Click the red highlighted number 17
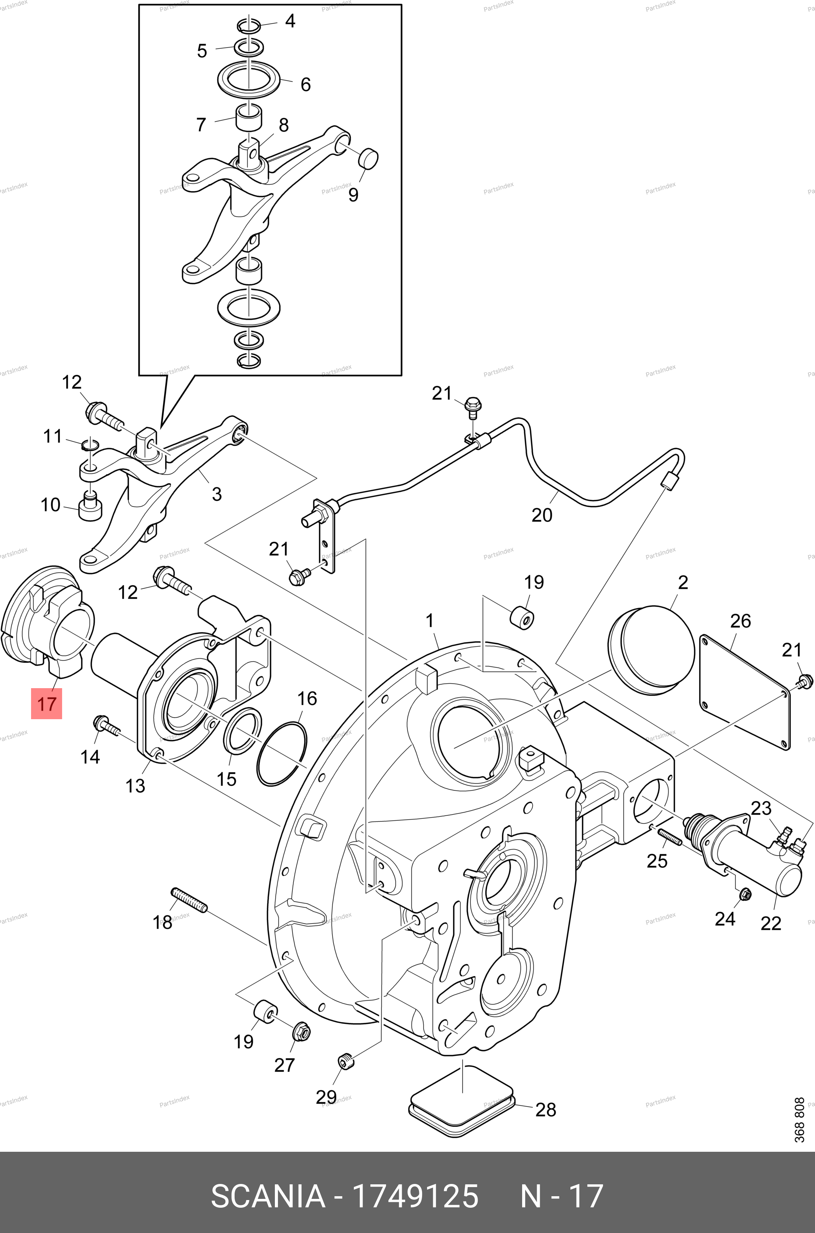[x=46, y=704]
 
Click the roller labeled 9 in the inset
[x=368, y=158]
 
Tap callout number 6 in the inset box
[x=306, y=84]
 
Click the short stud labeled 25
[x=669, y=837]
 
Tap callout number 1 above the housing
[x=429, y=620]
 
